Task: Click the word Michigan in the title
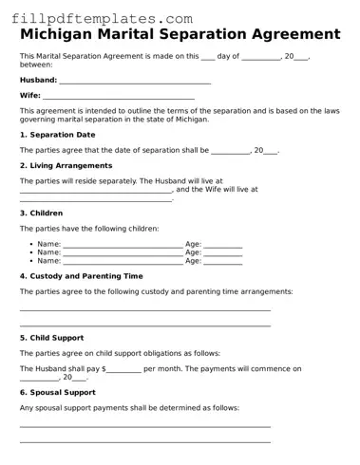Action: coord(62,34)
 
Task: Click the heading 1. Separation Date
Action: coord(57,135)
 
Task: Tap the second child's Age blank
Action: coord(223,253)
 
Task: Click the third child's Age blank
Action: coord(223,262)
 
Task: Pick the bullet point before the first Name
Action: coord(31,245)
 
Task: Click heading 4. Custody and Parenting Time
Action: coord(81,276)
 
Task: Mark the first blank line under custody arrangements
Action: coord(144,309)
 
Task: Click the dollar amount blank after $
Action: coord(123,368)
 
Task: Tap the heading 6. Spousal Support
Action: coord(57,392)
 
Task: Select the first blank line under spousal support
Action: coord(144,426)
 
